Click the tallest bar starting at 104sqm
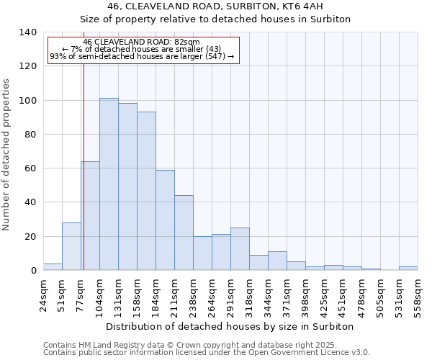(109, 184)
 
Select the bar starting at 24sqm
(53, 266)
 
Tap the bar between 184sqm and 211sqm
(165, 220)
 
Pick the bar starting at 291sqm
(240, 248)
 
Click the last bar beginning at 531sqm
(408, 268)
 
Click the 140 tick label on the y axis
(27, 32)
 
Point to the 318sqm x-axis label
(250, 294)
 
